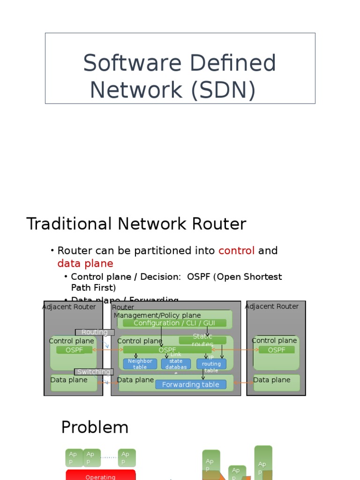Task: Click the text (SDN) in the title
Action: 223,90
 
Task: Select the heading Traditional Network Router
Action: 136,224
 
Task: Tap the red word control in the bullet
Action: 236,251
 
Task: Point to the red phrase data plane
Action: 85,263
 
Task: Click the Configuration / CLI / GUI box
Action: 174,323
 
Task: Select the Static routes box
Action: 202,340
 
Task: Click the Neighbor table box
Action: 140,364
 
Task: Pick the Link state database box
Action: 176,364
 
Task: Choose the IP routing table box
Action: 211,364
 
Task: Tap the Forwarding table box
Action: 190,384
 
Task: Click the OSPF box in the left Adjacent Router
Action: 74,350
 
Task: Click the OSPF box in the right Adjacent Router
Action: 277,350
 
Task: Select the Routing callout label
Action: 95,332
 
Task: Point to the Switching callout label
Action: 94,372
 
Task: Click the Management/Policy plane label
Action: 157,315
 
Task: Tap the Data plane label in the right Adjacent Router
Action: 272,380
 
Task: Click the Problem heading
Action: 95,427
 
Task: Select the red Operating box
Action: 100,475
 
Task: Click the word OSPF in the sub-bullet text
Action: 199,277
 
